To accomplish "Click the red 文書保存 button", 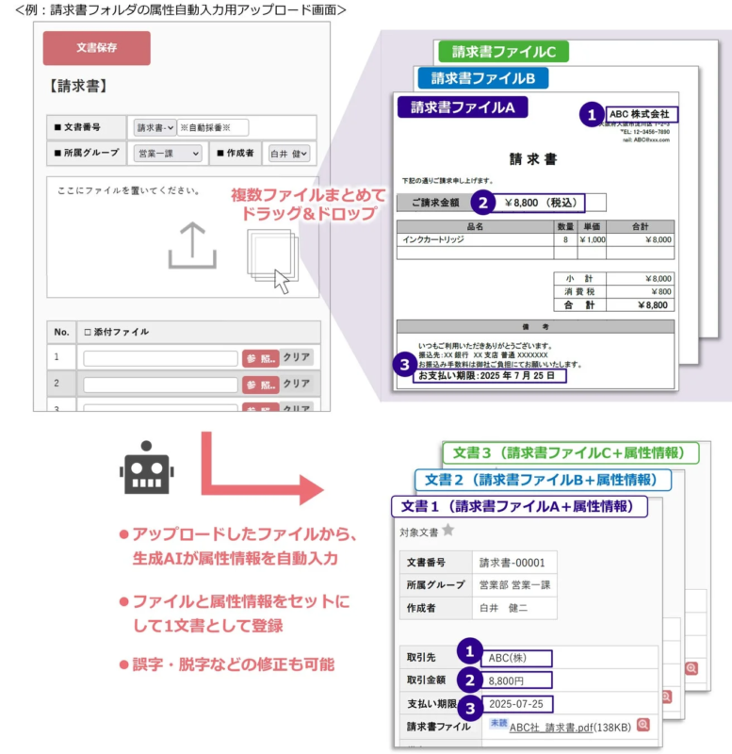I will pyautogui.click(x=96, y=48).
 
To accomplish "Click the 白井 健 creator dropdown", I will pyautogui.click(x=289, y=154).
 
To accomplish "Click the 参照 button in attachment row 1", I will pyautogui.click(x=260, y=358).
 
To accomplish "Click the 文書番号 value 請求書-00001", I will pyautogui.click(x=512, y=564).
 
